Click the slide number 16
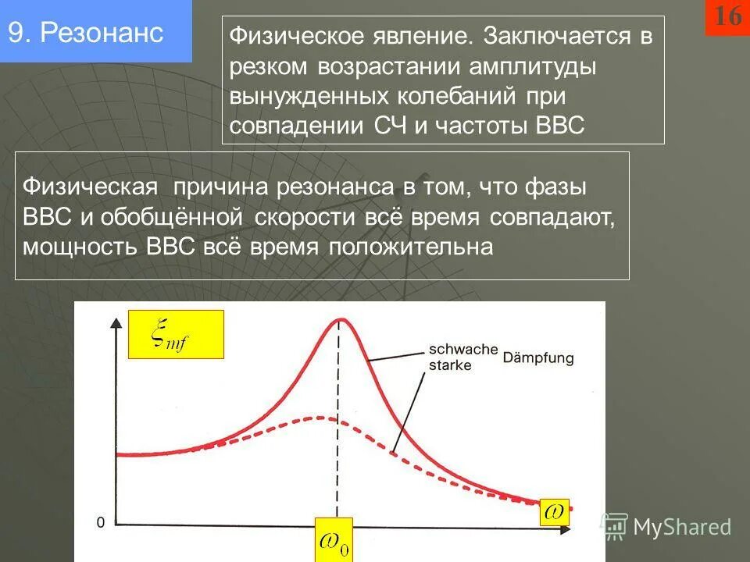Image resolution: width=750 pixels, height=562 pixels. pyautogui.click(x=727, y=16)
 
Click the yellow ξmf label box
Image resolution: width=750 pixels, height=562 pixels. pyautogui.click(x=176, y=334)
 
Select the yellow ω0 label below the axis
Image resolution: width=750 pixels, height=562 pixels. pyautogui.click(x=334, y=539)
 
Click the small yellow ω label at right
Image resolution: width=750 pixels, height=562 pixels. pyautogui.click(x=554, y=512)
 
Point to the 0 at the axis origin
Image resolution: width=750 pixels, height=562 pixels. pyautogui.click(x=100, y=522)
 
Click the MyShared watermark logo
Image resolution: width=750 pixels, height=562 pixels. pyautogui.click(x=666, y=527)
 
